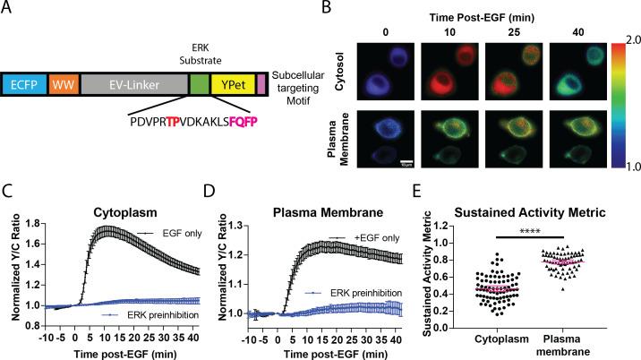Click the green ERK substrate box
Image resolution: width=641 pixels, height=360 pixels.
click(x=198, y=86)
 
